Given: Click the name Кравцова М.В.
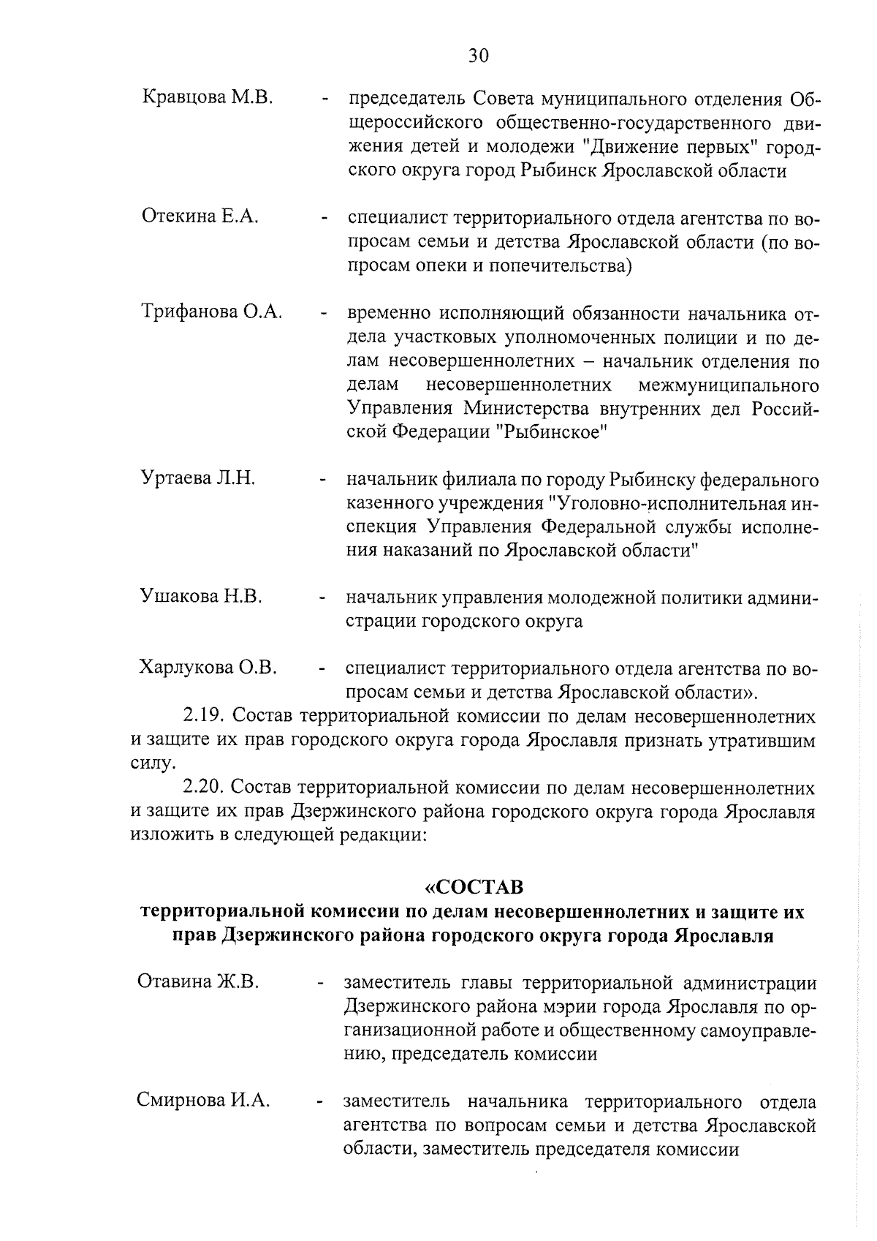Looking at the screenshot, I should point(208,97).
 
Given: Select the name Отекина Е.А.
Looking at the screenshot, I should point(200,216).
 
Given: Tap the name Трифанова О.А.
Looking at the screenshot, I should point(211,312).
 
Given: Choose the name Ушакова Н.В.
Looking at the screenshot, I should point(201,596).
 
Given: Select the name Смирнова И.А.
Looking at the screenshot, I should point(203,1100).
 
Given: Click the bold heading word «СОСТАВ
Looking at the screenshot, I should point(474,887).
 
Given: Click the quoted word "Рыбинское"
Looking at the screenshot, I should point(553,432).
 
